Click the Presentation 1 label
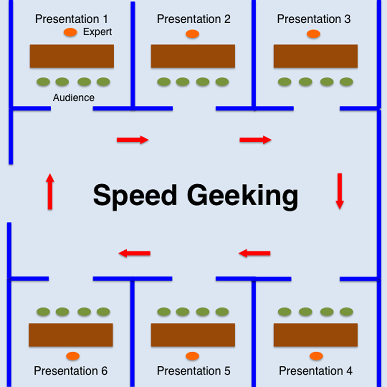(x=72, y=19)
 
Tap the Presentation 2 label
(x=193, y=19)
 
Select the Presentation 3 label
(x=314, y=19)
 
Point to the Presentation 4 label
(x=315, y=371)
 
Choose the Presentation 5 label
(x=193, y=371)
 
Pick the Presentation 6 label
(x=71, y=371)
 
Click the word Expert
(x=97, y=32)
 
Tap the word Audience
(x=74, y=98)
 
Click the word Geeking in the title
(x=242, y=196)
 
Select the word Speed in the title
(x=135, y=196)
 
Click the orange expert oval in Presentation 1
(x=70, y=32)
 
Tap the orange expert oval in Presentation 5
(x=192, y=356)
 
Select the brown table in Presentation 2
(x=193, y=56)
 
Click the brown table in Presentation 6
(x=71, y=335)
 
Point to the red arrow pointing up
(x=50, y=192)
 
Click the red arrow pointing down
(x=340, y=191)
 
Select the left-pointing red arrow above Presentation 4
(x=254, y=253)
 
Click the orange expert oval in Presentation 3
(x=313, y=34)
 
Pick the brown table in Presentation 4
(x=315, y=335)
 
